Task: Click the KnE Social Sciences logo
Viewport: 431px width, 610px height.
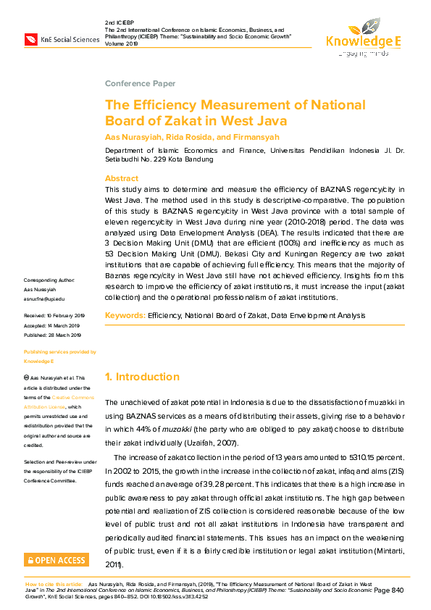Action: tap(62, 38)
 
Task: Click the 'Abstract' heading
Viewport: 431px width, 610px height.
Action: tap(121, 178)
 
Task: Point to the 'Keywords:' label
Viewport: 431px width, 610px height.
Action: tap(125, 315)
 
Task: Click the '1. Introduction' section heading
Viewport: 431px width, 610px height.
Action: tap(142, 377)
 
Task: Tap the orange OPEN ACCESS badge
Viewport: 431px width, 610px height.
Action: tap(57, 559)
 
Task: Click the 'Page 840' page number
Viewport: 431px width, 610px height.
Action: tap(388, 591)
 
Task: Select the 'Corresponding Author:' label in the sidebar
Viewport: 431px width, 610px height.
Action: tap(49, 300)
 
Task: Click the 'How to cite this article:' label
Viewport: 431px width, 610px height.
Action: tap(54, 583)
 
